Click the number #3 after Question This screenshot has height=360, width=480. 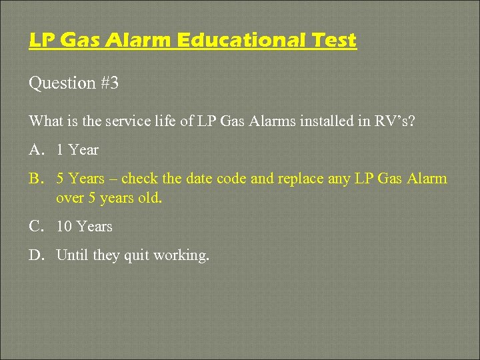tap(112, 83)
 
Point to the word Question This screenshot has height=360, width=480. tap(63, 83)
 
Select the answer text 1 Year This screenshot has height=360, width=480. tap(77, 150)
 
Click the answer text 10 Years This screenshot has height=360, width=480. tap(85, 227)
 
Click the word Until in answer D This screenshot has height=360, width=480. tap(72, 255)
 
